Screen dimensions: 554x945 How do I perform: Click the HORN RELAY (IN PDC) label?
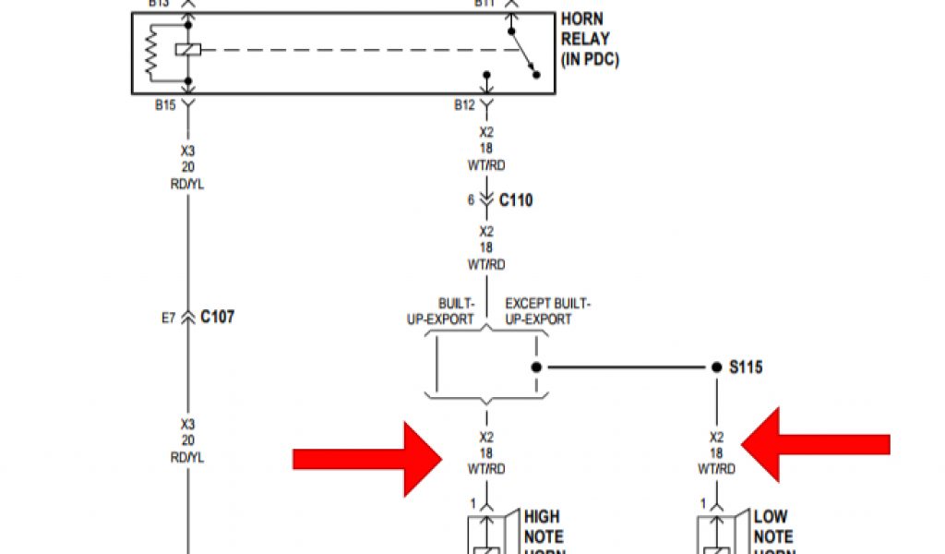coord(589,39)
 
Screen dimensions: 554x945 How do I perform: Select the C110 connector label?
coord(515,199)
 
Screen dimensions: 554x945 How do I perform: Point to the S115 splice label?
coord(746,367)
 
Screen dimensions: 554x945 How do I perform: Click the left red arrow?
coord(365,458)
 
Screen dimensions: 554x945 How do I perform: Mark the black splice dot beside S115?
coord(716,367)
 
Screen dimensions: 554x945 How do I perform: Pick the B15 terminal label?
coord(165,105)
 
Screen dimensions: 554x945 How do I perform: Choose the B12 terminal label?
coord(464,105)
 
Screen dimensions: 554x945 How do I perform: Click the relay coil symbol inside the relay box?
coord(188,49)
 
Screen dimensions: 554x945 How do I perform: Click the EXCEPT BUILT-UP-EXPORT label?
coord(546,311)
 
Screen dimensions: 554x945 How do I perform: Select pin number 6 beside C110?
coord(470,200)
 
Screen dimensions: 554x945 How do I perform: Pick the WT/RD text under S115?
coord(717,469)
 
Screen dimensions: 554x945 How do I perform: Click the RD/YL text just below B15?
coord(188,184)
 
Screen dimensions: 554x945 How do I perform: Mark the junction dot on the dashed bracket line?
coord(535,367)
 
